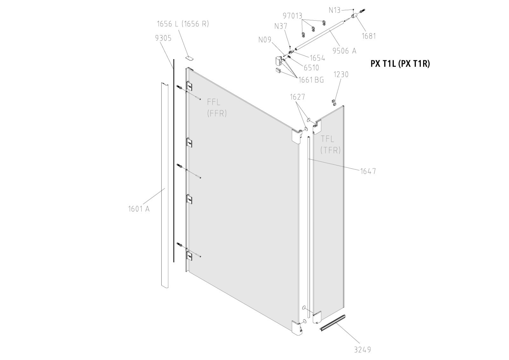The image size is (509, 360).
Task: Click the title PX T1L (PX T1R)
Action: pyautogui.click(x=400, y=64)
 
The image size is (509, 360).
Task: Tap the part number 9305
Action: pyautogui.click(x=163, y=38)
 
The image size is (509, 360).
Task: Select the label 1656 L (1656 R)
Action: pyautogui.click(x=183, y=24)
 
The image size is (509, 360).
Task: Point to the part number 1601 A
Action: pyautogui.click(x=139, y=209)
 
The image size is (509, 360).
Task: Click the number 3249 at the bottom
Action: pyautogui.click(x=362, y=349)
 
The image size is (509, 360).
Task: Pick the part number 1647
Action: pyautogui.click(x=368, y=171)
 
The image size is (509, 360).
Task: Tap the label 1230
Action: pyautogui.click(x=341, y=74)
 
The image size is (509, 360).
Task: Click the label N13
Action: pyautogui.click(x=334, y=10)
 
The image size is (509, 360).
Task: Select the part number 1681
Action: pyautogui.click(x=369, y=36)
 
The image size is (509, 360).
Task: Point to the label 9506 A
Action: pyautogui.click(x=344, y=51)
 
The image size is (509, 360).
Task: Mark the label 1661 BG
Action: pyautogui.click(x=311, y=80)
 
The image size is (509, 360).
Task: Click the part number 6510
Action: pyautogui.click(x=311, y=67)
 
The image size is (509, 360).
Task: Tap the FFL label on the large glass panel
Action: pyautogui.click(x=214, y=102)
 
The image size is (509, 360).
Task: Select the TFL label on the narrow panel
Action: pyautogui.click(x=327, y=139)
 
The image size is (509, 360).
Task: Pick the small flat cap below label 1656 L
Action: pyautogui.click(x=190, y=57)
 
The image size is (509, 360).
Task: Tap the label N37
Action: pyautogui.click(x=281, y=26)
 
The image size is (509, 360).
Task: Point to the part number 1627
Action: pyautogui.click(x=297, y=97)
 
